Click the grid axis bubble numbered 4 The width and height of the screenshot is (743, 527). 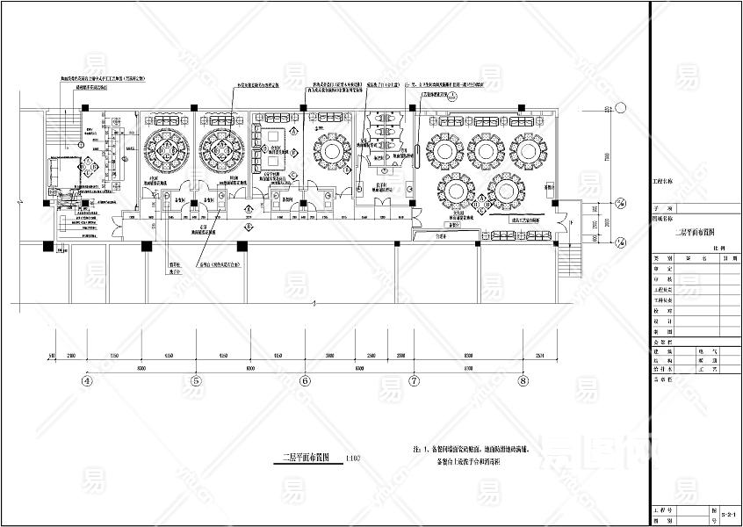pos(86,381)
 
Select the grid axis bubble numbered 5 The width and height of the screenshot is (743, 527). pos(196,381)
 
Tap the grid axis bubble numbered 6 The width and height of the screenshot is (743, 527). pos(305,381)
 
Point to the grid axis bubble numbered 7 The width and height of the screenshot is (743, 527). pos(414,381)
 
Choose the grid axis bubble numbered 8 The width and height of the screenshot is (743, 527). pos(523,381)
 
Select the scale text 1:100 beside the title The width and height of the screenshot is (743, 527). pos(353,458)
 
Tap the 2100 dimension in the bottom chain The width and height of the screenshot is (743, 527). pos(71,355)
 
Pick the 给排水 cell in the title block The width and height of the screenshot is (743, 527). pos(659,370)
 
